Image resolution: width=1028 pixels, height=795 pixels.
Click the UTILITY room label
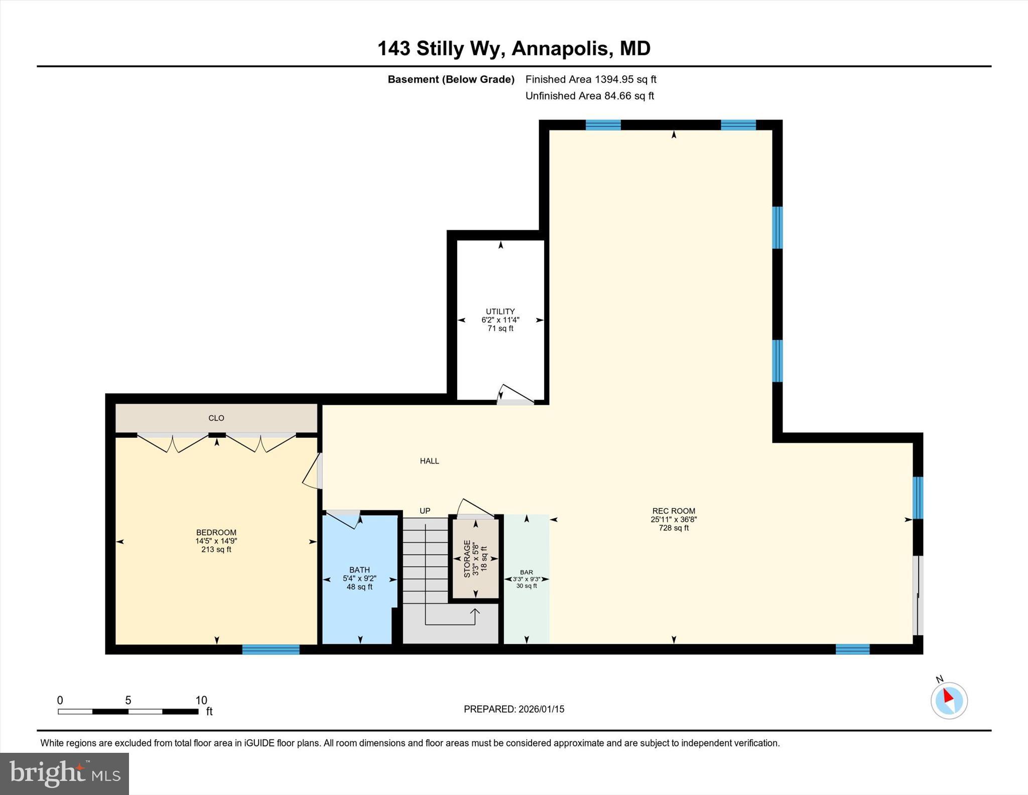tap(500, 311)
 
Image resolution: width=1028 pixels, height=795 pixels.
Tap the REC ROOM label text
tap(674, 511)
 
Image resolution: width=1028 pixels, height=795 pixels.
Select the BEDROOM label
tap(216, 532)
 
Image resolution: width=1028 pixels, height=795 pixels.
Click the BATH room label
tap(359, 570)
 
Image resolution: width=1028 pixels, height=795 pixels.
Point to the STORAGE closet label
tap(467, 558)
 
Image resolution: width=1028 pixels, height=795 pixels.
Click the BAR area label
tap(527, 572)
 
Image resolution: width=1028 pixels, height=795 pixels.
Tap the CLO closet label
tap(216, 418)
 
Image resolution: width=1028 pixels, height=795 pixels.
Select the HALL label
tap(429, 461)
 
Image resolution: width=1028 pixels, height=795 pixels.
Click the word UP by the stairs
tap(425, 511)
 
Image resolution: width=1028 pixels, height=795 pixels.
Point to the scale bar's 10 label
tap(201, 700)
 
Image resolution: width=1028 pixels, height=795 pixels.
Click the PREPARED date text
tap(513, 709)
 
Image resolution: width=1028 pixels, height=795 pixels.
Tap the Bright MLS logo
tap(64, 773)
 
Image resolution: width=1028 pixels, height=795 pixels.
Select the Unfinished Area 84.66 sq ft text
tap(589, 96)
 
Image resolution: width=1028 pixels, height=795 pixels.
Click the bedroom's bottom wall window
tap(271, 649)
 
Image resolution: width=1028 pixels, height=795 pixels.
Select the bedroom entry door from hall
tap(313, 472)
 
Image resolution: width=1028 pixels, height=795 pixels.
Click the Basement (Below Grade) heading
tap(451, 79)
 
